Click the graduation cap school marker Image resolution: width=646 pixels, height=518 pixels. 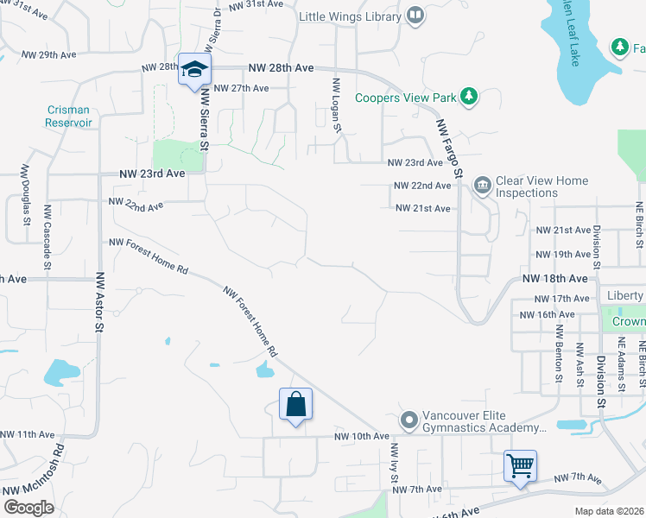click(194, 69)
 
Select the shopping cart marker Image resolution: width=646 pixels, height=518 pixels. click(521, 466)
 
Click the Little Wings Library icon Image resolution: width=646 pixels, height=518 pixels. click(415, 16)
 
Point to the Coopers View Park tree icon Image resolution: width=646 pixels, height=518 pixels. click(468, 96)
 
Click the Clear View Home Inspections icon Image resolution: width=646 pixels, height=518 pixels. click(482, 185)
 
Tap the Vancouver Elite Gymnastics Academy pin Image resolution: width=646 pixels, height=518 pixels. click(409, 420)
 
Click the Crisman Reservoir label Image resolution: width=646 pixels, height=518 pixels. click(68, 116)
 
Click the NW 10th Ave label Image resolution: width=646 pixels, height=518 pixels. click(358, 438)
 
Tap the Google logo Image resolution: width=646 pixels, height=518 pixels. click(28, 507)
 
